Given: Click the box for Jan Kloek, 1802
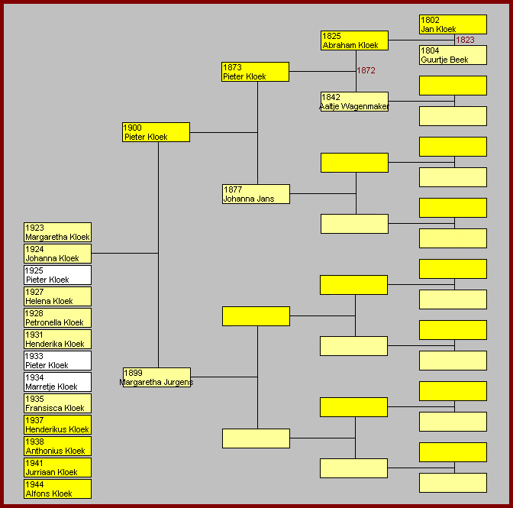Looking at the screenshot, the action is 453,24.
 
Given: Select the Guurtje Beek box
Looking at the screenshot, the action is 453,55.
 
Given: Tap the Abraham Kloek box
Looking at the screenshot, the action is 354,40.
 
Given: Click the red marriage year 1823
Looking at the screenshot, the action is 465,40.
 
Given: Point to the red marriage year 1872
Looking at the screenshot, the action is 366,70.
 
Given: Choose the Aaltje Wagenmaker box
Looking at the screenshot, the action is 354,102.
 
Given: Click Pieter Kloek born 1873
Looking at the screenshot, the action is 255,72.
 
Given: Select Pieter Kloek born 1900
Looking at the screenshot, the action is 156,132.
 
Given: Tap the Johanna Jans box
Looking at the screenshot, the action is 256,194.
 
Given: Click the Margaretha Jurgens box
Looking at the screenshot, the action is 156,377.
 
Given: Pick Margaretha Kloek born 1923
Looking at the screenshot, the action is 57,232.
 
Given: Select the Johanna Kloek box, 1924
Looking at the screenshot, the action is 57,254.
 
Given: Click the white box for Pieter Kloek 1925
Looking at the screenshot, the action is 57,275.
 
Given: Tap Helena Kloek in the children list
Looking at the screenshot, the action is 57,296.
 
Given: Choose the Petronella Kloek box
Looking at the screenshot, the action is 57,318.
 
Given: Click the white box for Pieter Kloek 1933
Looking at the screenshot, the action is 57,361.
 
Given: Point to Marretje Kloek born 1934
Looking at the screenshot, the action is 57,382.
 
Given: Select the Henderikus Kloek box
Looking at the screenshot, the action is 57,425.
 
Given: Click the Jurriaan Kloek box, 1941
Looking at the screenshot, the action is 57,468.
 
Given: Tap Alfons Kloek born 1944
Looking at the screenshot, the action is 57,489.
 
